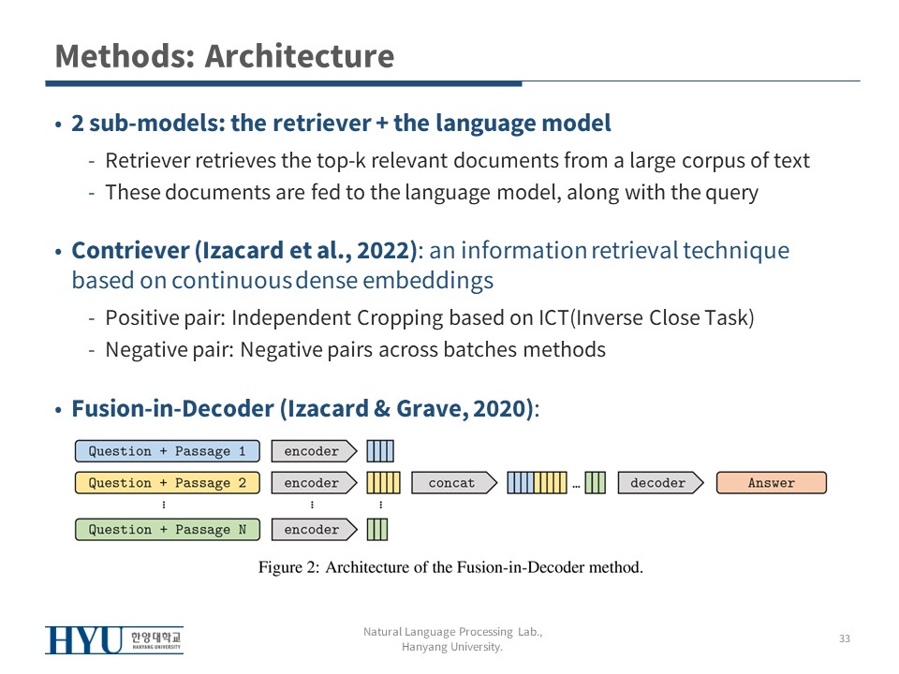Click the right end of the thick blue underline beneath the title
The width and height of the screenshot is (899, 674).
522,83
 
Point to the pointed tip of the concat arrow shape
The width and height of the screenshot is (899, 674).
497,483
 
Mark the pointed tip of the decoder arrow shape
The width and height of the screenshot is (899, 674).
703,483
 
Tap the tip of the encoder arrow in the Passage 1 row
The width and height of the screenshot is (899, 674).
357,451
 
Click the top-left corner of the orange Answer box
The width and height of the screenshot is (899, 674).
716,472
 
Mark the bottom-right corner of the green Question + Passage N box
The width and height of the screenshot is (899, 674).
259,540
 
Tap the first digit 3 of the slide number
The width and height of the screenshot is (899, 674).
842,638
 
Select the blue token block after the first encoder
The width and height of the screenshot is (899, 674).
380,451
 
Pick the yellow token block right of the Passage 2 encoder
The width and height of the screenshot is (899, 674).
383,483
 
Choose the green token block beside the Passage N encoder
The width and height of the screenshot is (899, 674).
377,529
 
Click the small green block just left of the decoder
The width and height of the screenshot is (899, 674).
596,483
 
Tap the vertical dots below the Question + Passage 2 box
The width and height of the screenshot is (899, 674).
164,505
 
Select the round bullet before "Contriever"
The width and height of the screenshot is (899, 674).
58,252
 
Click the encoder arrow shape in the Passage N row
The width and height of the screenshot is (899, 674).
315,529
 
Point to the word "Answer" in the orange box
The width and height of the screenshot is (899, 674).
771,483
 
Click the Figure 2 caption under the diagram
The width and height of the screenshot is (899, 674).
450,567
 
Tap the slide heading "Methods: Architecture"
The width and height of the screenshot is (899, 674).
225,56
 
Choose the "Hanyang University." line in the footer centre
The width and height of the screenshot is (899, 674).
451,647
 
